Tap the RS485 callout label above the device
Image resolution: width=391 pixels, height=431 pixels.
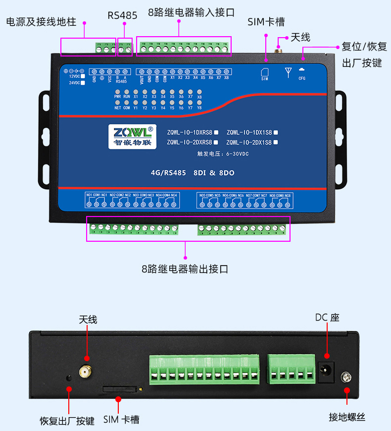122,15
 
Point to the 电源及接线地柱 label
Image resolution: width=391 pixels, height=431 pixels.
41,22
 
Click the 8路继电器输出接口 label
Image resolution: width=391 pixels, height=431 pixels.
185,269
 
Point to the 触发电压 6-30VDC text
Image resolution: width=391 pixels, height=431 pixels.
223,154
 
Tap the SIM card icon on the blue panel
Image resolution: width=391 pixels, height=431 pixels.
264,72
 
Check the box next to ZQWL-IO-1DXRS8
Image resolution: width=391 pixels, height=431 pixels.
216,133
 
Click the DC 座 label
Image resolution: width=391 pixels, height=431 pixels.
327,318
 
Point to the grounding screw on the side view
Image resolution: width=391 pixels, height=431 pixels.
347,378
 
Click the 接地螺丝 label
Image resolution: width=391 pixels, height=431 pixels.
347,417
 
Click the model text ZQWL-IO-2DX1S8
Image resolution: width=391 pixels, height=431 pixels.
249,143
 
